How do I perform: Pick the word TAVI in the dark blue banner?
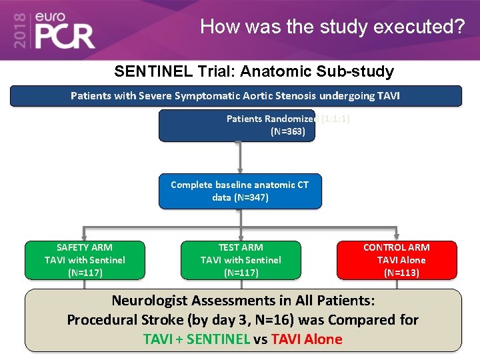click(x=388, y=96)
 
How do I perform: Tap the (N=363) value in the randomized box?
click(x=288, y=131)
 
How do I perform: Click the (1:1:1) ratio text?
click(x=335, y=119)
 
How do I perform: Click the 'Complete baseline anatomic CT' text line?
click(x=240, y=185)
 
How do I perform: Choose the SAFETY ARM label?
click(x=85, y=247)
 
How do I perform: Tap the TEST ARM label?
click(x=241, y=247)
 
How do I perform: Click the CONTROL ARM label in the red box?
click(x=397, y=247)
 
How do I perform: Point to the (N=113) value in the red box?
click(x=401, y=272)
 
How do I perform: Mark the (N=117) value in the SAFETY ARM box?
click(x=85, y=272)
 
